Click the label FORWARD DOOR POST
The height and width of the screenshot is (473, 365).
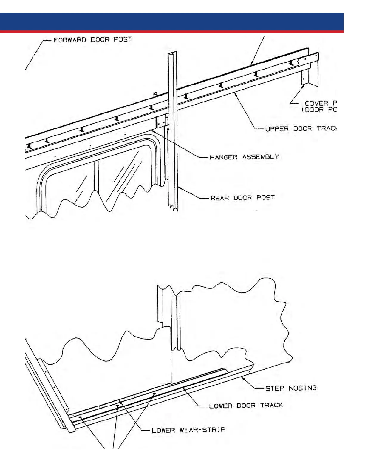click(92, 39)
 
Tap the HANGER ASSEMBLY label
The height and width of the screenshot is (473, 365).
click(244, 157)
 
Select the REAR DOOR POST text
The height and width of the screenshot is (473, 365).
click(242, 198)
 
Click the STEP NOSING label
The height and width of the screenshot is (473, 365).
click(291, 388)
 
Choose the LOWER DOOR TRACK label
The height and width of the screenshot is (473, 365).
click(246, 406)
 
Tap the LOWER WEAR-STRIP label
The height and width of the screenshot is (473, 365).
click(188, 430)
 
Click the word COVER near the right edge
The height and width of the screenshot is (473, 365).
click(316, 103)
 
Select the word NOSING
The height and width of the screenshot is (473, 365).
click(302, 388)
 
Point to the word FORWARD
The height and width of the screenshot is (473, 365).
click(69, 39)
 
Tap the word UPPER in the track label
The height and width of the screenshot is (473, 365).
click(277, 129)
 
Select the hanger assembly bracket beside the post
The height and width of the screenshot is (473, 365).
click(161, 122)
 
